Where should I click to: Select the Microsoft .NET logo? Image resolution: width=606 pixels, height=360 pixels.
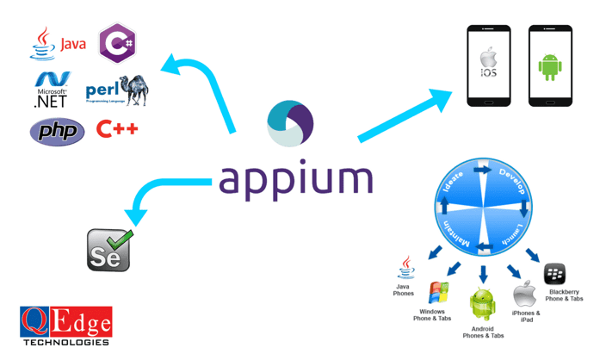click(x=51, y=90)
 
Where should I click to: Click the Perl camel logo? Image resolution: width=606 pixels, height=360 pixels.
click(x=117, y=90)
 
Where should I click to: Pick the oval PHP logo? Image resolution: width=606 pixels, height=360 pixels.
click(x=58, y=132)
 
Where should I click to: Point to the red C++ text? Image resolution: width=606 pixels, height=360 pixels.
click(x=117, y=130)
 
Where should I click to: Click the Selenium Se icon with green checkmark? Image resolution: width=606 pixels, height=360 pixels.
click(x=110, y=250)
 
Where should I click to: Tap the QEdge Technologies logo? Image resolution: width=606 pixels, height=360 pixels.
click(x=65, y=325)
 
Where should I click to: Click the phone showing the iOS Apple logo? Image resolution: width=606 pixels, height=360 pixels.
click(x=488, y=66)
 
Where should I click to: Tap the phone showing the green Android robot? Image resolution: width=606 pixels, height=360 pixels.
click(x=550, y=66)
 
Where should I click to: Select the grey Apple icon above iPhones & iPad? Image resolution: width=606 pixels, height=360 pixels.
click(x=525, y=295)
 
